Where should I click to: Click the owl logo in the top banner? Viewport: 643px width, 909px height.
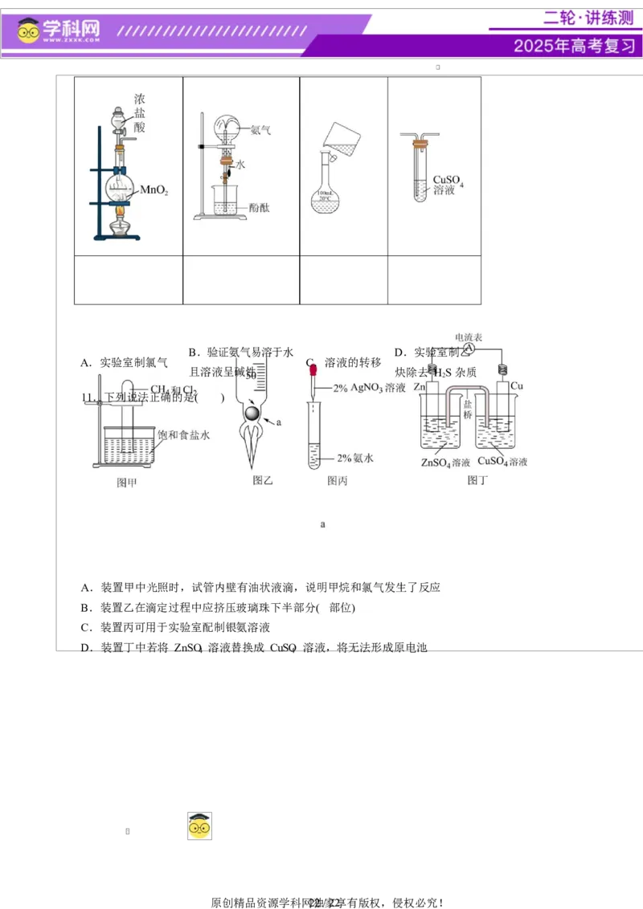click(29, 31)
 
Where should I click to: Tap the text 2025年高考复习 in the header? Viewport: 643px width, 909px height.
click(574, 46)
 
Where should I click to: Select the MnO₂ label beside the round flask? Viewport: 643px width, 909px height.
click(154, 190)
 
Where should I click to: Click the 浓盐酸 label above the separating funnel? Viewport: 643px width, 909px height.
click(140, 113)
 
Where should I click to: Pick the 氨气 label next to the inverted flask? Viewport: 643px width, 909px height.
click(260, 129)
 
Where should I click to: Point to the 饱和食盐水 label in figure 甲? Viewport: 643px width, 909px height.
click(183, 435)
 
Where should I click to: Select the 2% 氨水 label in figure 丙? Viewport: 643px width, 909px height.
click(355, 458)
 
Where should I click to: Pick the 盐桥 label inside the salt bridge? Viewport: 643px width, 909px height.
click(467, 409)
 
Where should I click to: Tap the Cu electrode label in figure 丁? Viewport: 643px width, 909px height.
click(517, 386)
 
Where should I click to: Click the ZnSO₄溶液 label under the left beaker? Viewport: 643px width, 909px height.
click(445, 463)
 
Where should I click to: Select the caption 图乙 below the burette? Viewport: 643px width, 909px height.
click(263, 480)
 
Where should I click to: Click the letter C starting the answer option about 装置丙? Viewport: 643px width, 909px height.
click(85, 627)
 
